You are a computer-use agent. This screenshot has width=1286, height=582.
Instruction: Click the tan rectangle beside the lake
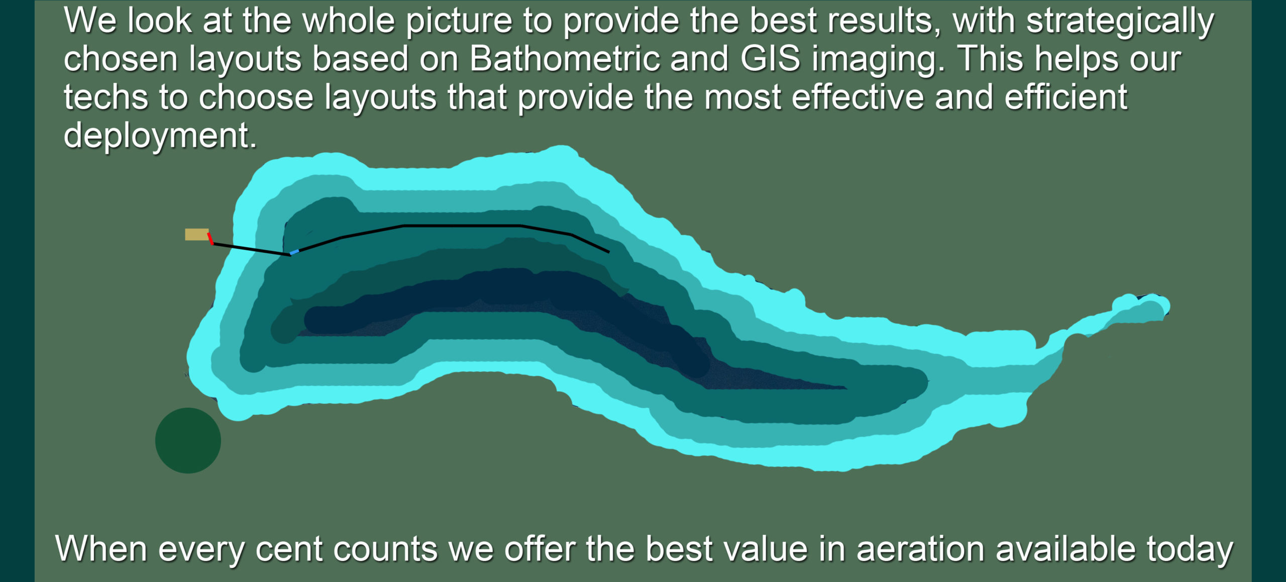tap(197, 234)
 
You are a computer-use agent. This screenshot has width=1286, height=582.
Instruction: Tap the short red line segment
tap(210, 238)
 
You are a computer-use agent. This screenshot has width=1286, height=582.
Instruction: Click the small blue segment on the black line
tap(294, 252)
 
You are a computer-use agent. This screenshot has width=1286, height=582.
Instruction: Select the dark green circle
tap(188, 440)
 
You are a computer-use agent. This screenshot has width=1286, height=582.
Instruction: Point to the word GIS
tap(770, 59)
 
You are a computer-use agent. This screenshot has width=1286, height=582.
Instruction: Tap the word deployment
tap(160, 136)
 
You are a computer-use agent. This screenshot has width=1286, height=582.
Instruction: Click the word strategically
tap(1120, 22)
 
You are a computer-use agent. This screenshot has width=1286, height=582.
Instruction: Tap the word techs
tap(106, 97)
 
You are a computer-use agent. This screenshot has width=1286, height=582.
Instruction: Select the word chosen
tap(121, 59)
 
